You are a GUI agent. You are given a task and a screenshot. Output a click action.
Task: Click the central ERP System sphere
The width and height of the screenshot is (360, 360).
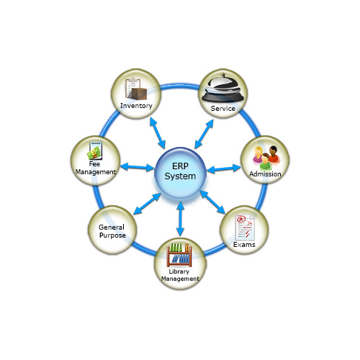pyautogui.click(x=180, y=173)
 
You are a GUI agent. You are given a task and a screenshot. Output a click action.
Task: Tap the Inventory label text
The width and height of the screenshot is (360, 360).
pyautogui.click(x=136, y=106)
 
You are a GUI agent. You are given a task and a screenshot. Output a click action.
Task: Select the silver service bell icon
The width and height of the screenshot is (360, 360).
pyautogui.click(x=222, y=88)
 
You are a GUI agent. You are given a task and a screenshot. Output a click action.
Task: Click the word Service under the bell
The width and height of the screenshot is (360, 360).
pyautogui.click(x=223, y=109)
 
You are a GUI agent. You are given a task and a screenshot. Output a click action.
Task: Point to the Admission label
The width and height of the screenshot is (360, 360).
pyautogui.click(x=265, y=174)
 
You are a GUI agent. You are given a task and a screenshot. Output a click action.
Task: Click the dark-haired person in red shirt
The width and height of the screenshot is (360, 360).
pyautogui.click(x=274, y=154)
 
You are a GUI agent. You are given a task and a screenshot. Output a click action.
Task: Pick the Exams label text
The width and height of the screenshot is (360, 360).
pyautogui.click(x=244, y=245)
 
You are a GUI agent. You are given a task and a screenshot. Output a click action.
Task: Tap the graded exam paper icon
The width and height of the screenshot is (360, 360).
pyautogui.click(x=245, y=228)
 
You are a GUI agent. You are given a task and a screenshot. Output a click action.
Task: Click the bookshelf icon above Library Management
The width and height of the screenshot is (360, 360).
pyautogui.click(x=179, y=255)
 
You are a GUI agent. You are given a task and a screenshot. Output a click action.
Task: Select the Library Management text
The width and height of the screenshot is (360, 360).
pyautogui.click(x=180, y=275)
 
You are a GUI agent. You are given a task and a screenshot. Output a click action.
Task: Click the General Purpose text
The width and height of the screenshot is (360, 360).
pyautogui.click(x=112, y=231)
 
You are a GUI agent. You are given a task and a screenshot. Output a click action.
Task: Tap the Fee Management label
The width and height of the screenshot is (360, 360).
pyautogui.click(x=96, y=168)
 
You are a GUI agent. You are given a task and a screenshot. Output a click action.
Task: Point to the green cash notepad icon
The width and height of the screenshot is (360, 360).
pyautogui.click(x=95, y=150)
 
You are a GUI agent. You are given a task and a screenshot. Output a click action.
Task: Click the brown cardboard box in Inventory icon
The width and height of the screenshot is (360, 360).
pyautogui.click(x=138, y=94)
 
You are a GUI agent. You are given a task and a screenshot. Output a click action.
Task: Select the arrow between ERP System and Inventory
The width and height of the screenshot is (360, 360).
pyautogui.click(x=158, y=133)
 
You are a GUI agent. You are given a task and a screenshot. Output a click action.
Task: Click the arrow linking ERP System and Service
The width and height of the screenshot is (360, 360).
pyautogui.click(x=204, y=134)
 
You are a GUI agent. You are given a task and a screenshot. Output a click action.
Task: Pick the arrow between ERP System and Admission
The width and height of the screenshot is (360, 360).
pyautogui.click(x=224, y=168)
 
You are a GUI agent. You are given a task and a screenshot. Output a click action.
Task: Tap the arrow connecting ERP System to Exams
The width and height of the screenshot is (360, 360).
pyautogui.click(x=212, y=202)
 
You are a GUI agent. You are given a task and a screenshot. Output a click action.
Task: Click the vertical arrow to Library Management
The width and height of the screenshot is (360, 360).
pyautogui.click(x=180, y=219)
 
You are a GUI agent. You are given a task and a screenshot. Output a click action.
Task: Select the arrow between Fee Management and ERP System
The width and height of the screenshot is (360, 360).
pyautogui.click(x=137, y=167)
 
